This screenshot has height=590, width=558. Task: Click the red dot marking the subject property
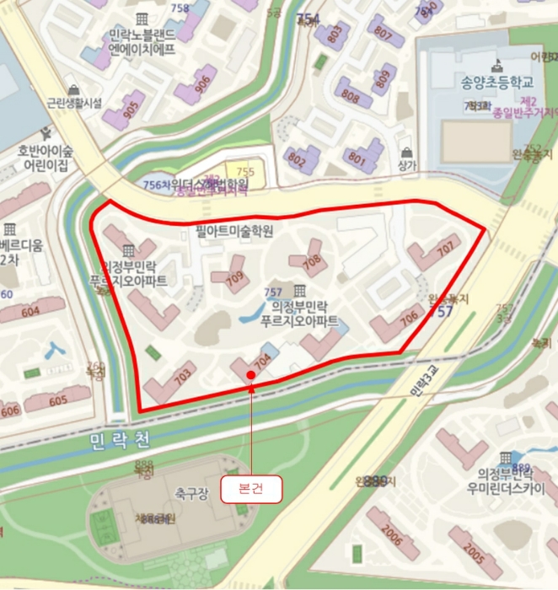(250, 374)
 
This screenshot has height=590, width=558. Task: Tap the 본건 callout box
(250, 490)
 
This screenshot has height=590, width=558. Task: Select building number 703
(182, 377)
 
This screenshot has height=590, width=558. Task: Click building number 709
(234, 276)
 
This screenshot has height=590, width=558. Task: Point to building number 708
(312, 261)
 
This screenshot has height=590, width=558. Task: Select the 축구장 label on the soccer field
(191, 491)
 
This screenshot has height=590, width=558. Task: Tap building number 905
(131, 109)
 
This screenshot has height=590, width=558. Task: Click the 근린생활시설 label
(73, 103)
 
